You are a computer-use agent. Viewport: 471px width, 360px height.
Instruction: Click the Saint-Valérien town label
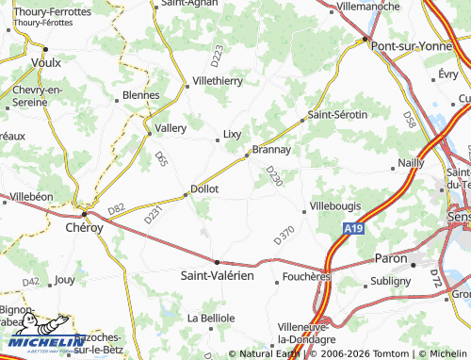pos(218,275)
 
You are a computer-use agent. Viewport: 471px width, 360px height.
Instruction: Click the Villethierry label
pos(218,81)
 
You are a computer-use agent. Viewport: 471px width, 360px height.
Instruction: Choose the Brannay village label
pos(270,149)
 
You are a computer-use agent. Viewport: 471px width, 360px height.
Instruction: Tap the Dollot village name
pos(204,188)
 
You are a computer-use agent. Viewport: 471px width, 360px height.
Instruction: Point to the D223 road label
pos(219,55)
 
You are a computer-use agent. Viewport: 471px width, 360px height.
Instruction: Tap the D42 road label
pos(32,281)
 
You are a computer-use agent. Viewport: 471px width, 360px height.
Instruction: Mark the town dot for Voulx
pos(44,49)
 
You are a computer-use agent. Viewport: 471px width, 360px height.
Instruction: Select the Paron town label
pos(391,257)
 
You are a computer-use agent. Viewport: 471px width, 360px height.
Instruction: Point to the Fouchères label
pos(306,278)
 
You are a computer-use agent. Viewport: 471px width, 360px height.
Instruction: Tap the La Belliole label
pos(211,318)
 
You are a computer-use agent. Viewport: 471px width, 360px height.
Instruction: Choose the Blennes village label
pos(141,95)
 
